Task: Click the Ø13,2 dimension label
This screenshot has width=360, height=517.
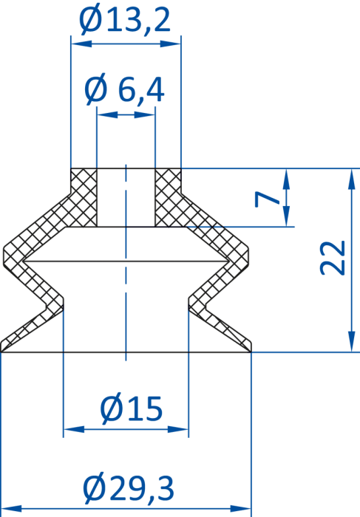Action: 125,21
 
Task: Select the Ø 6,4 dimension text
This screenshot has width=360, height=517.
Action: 124,89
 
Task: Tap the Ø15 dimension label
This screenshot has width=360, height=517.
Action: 132,409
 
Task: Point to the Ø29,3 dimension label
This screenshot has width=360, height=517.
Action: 129,489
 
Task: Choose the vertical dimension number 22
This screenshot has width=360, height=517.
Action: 333,258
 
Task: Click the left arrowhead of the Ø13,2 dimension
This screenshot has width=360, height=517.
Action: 81,44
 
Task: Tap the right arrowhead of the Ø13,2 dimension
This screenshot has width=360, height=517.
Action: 171,44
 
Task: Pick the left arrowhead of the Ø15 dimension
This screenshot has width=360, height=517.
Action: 74,429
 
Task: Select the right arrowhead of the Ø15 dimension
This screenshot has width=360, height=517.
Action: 178,429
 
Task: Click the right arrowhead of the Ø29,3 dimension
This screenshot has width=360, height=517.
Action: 241,508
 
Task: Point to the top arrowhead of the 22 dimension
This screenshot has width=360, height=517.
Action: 352,179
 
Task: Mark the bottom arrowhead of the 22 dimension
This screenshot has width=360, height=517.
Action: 352,342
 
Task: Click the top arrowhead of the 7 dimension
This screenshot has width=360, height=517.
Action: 286,179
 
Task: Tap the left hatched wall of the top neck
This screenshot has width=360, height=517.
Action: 84,197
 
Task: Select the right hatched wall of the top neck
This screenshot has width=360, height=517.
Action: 168,197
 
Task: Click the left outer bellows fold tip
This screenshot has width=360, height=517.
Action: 3,256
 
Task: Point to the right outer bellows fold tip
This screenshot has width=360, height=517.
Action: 248,256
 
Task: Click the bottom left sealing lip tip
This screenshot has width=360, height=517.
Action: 1,351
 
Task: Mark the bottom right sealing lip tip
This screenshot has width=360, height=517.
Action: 251,351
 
